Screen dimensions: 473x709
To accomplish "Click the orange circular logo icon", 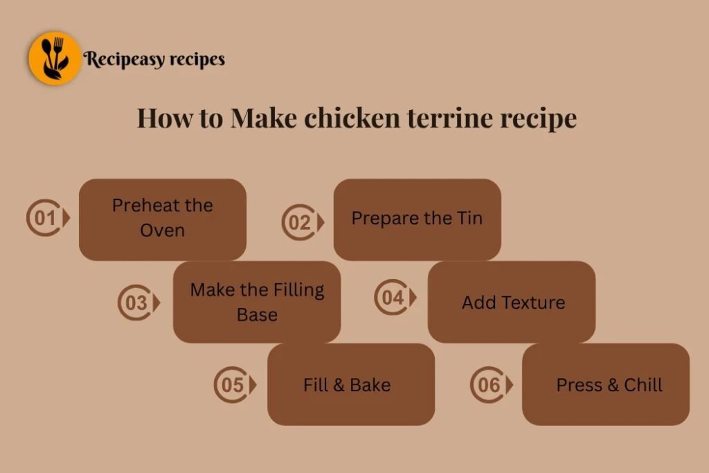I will [55, 58].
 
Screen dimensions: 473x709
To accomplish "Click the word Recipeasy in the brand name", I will [124, 60].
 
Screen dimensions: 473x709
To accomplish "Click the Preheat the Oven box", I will [163, 219].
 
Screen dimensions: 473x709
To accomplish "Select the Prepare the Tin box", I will [417, 219].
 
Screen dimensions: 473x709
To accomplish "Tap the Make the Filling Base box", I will [257, 302].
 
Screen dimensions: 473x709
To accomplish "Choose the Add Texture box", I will [512, 302].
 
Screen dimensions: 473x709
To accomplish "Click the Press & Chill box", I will [606, 384].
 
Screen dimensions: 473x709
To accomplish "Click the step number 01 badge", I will [46, 219].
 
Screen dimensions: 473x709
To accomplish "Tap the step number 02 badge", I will [301, 222].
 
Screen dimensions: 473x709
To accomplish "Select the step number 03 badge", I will [137, 303].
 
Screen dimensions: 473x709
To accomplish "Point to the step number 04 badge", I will [394, 298].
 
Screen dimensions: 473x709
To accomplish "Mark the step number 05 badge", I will [233, 384].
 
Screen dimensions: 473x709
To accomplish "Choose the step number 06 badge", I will [490, 384].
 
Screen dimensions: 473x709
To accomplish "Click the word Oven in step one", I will [163, 231].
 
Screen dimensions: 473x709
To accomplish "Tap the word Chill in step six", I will [643, 385].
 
